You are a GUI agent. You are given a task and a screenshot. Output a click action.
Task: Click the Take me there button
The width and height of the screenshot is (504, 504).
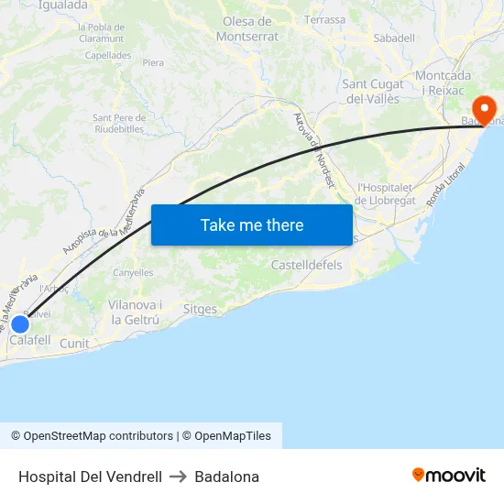click(252, 225)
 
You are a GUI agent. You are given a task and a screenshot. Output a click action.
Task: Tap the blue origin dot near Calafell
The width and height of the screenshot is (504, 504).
click(19, 323)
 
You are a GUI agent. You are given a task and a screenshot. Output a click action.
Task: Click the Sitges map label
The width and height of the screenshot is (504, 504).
click(200, 310)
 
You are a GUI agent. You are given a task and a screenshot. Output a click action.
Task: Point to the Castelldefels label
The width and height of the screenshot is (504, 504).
click(306, 265)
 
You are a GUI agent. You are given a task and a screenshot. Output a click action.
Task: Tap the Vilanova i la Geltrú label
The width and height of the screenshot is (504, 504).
click(135, 312)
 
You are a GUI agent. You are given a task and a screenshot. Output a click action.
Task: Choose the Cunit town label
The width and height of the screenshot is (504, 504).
click(74, 344)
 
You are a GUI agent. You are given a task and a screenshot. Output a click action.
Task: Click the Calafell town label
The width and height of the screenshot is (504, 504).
click(30, 340)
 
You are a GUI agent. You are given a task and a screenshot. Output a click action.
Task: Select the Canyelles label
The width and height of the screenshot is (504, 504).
click(133, 273)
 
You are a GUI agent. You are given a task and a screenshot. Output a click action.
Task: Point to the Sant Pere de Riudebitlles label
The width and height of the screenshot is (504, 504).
click(119, 123)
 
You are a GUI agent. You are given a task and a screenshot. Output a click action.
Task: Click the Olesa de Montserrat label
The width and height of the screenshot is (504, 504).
click(247, 28)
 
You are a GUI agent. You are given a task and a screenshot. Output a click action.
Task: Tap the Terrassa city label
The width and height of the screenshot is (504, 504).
click(325, 19)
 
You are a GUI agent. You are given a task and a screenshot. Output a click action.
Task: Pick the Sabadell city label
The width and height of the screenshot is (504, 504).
click(394, 38)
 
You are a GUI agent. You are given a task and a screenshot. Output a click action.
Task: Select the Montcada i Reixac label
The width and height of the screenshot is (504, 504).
click(444, 82)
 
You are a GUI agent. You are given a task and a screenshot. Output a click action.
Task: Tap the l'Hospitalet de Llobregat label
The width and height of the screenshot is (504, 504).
click(388, 193)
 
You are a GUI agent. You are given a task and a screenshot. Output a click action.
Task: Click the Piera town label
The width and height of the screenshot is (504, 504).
click(153, 63)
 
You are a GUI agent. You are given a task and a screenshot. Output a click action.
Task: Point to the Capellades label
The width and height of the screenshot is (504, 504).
click(108, 55)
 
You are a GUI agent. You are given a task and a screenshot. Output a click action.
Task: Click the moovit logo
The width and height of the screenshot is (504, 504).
click(449, 475)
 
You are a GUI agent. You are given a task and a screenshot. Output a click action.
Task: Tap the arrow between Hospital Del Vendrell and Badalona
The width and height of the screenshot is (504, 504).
click(179, 477)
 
